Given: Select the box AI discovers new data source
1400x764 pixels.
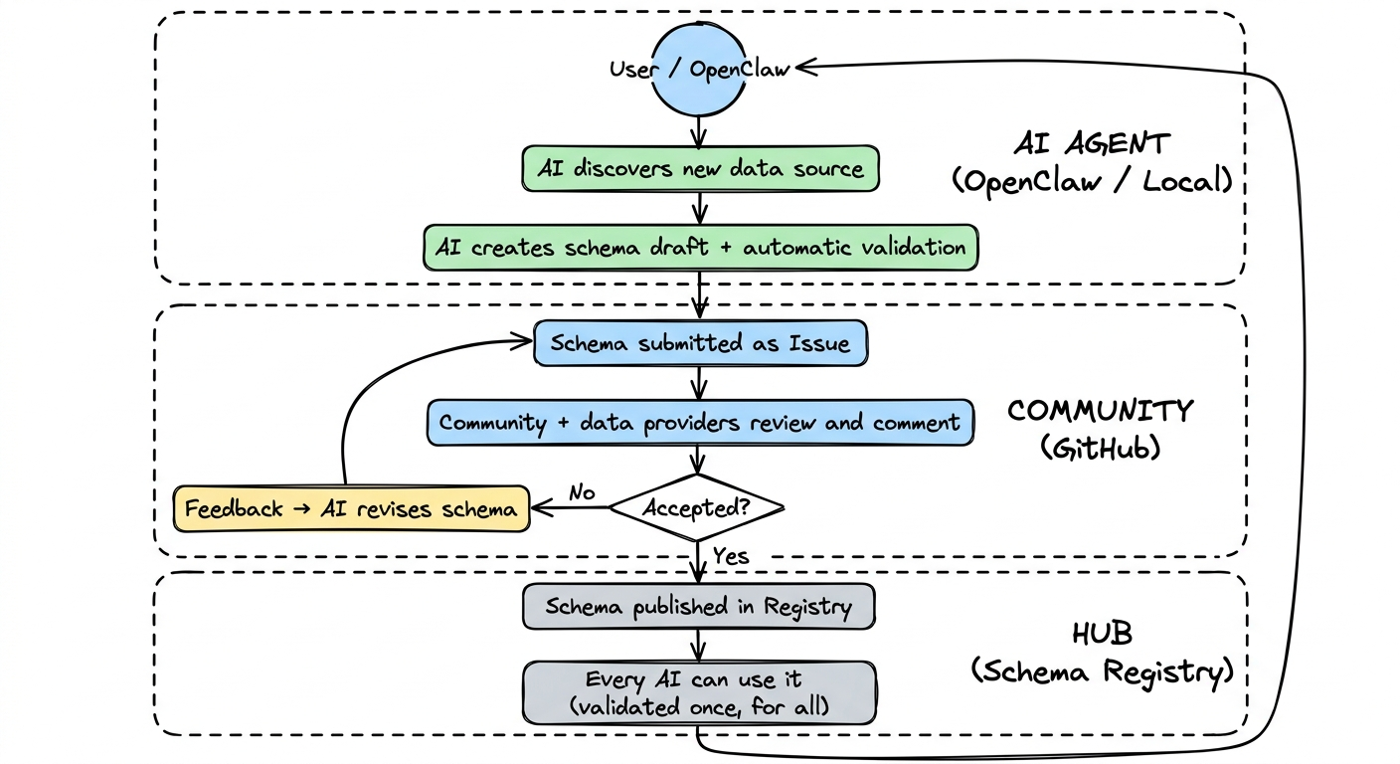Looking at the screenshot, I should [x=700, y=169].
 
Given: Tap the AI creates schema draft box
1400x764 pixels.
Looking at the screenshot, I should [x=700, y=248].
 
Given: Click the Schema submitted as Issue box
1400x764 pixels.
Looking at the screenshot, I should [x=700, y=344].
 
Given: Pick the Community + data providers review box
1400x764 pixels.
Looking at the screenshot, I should [x=700, y=423].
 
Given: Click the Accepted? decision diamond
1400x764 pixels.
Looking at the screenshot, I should [x=697, y=508].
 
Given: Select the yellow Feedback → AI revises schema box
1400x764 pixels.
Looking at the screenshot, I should [x=351, y=509].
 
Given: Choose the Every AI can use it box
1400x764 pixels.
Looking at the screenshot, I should [x=700, y=693].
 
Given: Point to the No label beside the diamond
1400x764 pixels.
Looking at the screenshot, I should [x=582, y=492].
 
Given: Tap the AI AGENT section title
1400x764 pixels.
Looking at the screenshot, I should [x=1091, y=144].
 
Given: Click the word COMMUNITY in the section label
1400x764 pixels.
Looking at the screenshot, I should [x=1099, y=411].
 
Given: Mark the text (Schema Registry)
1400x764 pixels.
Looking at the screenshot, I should [x=1101, y=671].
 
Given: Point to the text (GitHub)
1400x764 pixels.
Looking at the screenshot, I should [x=1100, y=448].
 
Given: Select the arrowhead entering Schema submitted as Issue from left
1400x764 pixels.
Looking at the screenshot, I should [x=523, y=342].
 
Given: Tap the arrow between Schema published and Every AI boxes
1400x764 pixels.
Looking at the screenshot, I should [x=699, y=646].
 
